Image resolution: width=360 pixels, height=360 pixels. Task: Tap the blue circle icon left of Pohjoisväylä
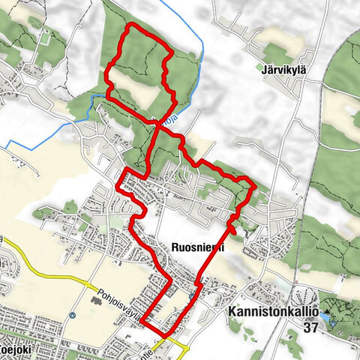coord(71,316)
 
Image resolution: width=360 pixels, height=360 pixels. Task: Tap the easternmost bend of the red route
coord(255,185)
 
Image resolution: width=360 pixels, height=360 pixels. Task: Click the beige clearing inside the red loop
coord(146,96)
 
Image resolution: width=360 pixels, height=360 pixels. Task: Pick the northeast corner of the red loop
coord(169,52)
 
